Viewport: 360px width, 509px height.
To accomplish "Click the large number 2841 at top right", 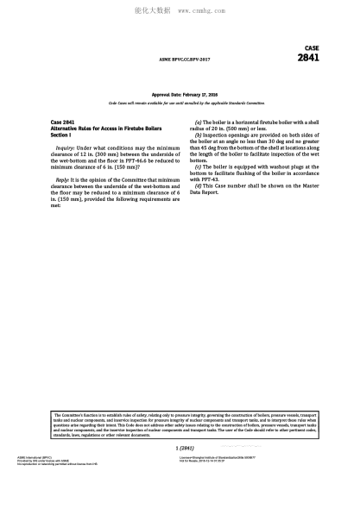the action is coord(308,59).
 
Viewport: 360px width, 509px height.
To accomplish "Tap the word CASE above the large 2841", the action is coord(312,47).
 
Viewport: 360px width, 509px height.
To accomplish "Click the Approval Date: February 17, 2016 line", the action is coord(185,93).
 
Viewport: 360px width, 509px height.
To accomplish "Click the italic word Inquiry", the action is coord(65,148).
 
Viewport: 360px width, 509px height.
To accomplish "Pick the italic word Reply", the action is coord(62,179).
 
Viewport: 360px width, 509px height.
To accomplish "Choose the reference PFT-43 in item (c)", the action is coord(208,179).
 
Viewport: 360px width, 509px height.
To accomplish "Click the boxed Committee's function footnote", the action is coord(180,424).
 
